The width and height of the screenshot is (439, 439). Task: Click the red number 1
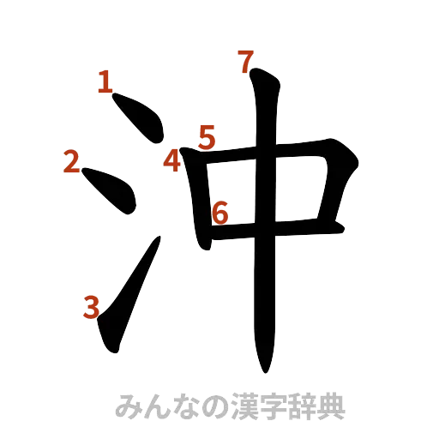tap(105, 83)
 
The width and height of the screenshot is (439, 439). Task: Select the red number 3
tap(92, 306)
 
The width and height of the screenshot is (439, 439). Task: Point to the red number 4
tap(174, 159)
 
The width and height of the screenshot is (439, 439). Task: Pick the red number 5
tap(207, 136)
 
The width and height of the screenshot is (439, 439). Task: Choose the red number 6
tap(219, 212)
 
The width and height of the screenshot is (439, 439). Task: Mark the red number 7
tap(245, 62)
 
